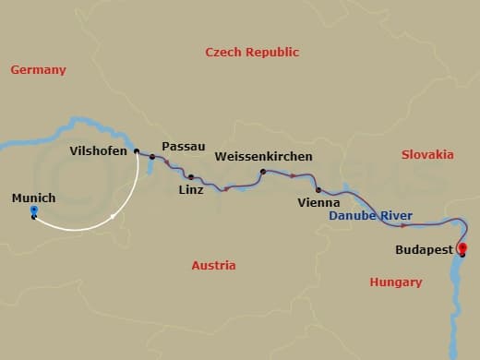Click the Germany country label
pyautogui.click(x=38, y=70)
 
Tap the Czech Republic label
pyautogui.click(x=252, y=53)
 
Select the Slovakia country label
pyautogui.click(x=428, y=154)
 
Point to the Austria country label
pyautogui.click(x=213, y=266)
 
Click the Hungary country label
pyautogui.click(x=395, y=282)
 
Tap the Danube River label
pyautogui.click(x=371, y=216)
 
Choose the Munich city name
pyautogui.click(x=34, y=198)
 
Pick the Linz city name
pyautogui.click(x=191, y=191)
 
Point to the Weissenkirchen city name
pyautogui.click(x=263, y=157)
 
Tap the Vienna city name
pyautogui.click(x=318, y=202)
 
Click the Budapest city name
pyautogui.click(x=424, y=249)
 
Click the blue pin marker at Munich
pyautogui.click(x=33, y=211)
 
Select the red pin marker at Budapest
pyautogui.click(x=462, y=247)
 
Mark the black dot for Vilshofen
pyautogui.click(x=136, y=151)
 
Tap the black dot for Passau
pyautogui.click(x=152, y=157)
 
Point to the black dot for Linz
pyautogui.click(x=190, y=177)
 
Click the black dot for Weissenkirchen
pyautogui.click(x=263, y=172)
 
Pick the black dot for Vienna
pyautogui.click(x=318, y=190)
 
